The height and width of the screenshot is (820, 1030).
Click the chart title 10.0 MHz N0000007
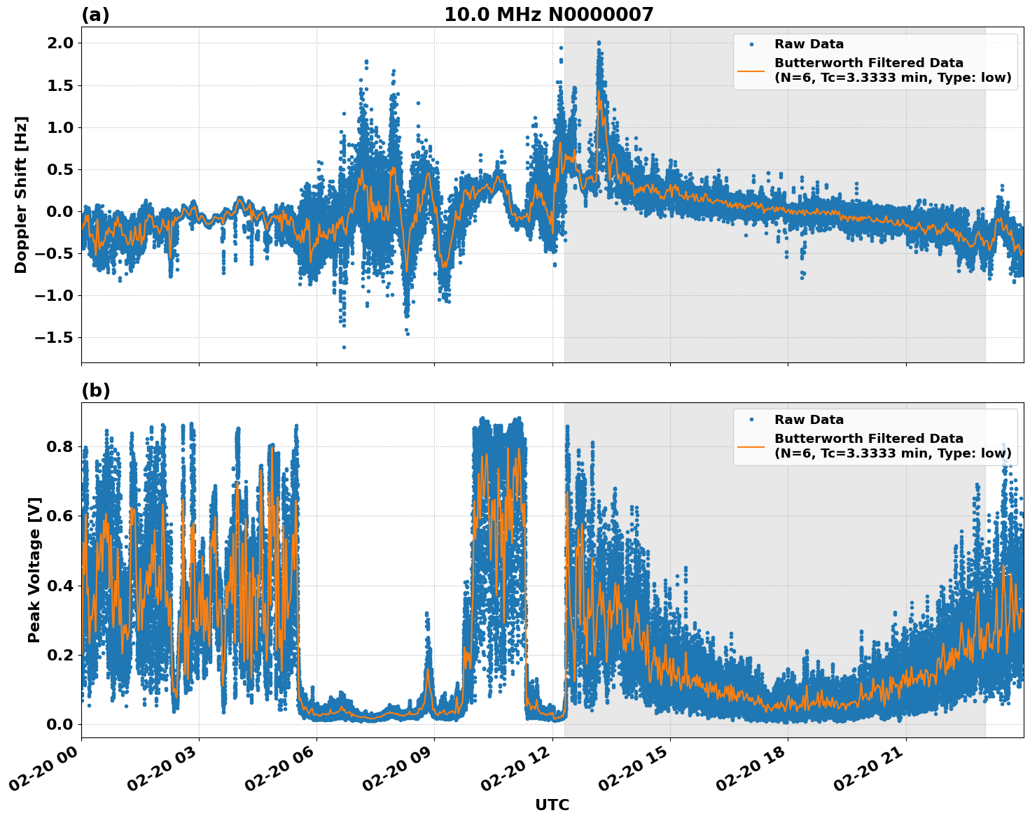click(548, 15)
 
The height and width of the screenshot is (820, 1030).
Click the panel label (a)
click(95, 15)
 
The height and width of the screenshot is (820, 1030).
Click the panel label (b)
click(95, 390)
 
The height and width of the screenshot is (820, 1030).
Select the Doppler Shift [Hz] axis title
click(21, 195)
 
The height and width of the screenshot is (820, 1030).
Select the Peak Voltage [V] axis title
click(34, 570)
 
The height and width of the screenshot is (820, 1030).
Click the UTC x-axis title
click(552, 805)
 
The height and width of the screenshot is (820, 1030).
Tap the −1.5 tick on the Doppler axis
click(54, 338)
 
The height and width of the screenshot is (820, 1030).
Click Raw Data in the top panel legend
click(809, 44)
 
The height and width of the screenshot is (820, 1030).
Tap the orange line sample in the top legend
click(751, 71)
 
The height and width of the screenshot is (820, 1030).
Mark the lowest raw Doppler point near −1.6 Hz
click(344, 347)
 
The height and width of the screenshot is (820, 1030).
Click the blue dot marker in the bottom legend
click(751, 420)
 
